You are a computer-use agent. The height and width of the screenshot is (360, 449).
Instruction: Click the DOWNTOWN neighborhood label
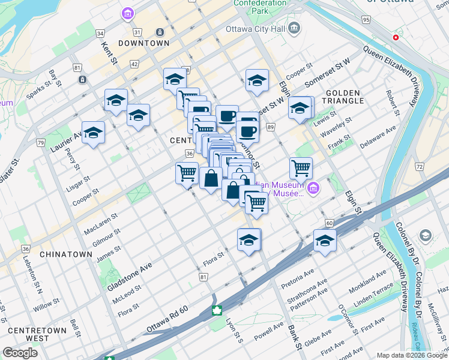coord(143,43)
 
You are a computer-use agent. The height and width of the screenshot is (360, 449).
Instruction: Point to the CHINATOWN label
coord(66,254)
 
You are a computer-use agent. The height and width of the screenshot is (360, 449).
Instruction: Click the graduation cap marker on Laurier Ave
coord(93,133)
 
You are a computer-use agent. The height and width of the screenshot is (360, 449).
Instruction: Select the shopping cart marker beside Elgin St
coord(301,169)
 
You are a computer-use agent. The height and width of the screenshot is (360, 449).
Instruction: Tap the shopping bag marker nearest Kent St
coord(211,179)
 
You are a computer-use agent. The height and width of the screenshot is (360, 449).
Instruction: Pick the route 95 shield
coord(366,20)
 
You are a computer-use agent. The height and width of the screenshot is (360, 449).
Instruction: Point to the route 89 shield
coord(271,127)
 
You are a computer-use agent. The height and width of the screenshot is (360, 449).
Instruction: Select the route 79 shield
coord(41,143)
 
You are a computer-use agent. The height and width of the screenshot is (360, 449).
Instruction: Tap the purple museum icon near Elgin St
coord(313,190)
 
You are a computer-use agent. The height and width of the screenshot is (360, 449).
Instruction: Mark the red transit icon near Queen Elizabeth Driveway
coord(396,37)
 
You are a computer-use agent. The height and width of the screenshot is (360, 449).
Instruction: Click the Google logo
coord(20,353)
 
